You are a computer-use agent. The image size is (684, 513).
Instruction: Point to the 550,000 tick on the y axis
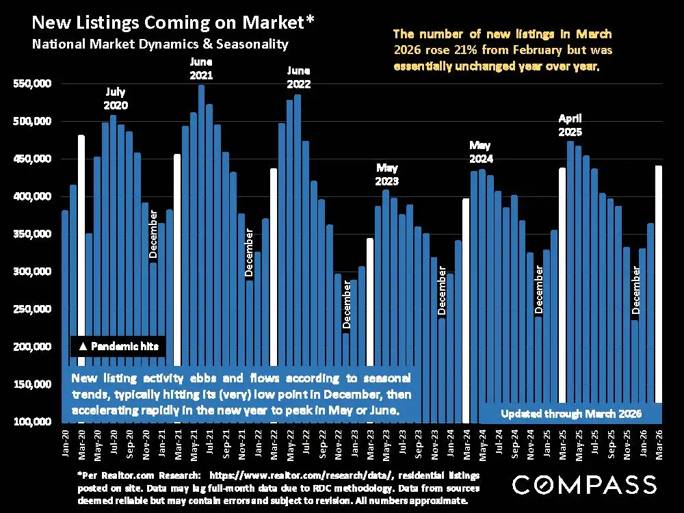[x=34, y=84]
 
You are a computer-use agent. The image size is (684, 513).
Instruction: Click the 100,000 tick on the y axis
[x=34, y=421]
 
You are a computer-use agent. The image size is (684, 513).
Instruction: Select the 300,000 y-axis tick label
[x=34, y=272]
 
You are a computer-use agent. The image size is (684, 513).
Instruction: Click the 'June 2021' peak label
[x=201, y=70]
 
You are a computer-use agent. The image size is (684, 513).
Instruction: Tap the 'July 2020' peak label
[x=116, y=98]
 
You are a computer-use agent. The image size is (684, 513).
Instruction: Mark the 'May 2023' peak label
[x=387, y=174]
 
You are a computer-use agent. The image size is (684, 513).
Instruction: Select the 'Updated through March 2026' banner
[x=570, y=414]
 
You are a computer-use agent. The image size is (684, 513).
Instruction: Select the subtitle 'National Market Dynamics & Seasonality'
[x=160, y=44]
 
